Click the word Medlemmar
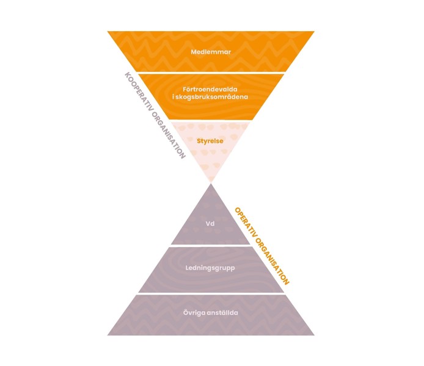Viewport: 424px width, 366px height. coord(211,52)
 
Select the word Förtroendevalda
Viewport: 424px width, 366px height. coord(211,89)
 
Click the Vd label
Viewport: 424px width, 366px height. coord(211,224)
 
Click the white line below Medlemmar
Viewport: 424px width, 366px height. coord(211,72)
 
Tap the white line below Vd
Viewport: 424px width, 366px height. coord(211,245)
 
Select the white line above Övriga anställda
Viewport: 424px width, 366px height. coord(211,294)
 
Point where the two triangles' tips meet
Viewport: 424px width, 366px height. coord(211,182)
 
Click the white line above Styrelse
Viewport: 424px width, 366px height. coord(211,120)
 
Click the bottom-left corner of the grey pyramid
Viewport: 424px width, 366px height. coord(109,334)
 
